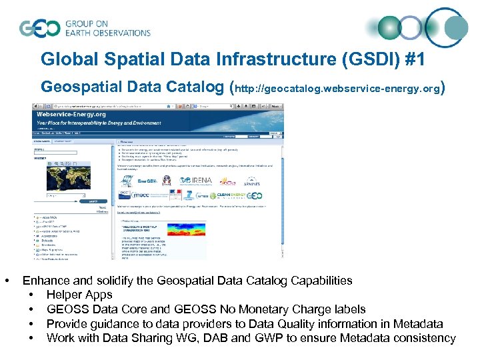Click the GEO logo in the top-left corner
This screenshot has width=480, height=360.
click(40, 28)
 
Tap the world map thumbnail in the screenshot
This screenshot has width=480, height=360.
click(67, 179)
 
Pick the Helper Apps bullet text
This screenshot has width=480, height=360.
click(79, 295)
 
